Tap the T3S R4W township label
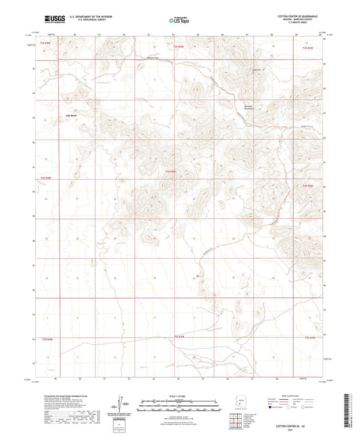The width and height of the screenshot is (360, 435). pyautogui.click(x=45, y=42)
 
